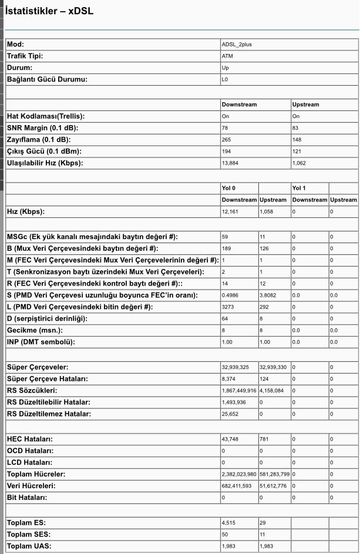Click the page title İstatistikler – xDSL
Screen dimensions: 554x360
click(49, 11)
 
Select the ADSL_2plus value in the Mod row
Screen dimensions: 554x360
click(237, 45)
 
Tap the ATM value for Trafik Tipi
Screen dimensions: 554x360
click(227, 56)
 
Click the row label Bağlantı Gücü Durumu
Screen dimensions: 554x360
click(47, 79)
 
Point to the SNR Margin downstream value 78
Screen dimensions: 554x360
click(226, 127)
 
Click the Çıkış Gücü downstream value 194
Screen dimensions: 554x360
click(227, 151)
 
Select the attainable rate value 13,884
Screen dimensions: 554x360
click(230, 163)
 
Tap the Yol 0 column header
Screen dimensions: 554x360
click(228, 189)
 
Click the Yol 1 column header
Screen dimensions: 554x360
click(299, 189)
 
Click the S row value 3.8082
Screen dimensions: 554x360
click(268, 295)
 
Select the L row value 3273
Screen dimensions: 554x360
click(228, 307)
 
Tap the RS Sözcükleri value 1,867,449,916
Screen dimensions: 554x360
click(239, 391)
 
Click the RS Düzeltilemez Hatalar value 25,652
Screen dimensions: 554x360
click(230, 414)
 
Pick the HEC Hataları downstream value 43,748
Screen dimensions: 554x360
click(230, 439)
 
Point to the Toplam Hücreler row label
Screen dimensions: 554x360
click(36, 474)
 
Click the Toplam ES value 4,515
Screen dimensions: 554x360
click(228, 523)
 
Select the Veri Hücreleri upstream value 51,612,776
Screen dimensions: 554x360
click(273, 486)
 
